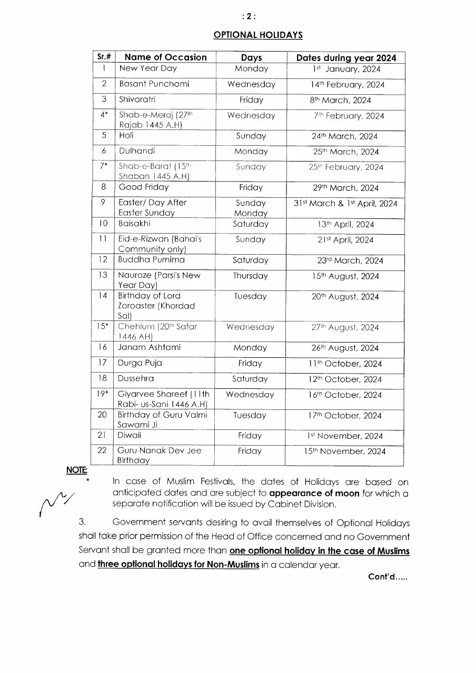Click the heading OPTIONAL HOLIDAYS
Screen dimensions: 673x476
click(x=257, y=35)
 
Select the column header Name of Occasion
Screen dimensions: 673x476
click(x=166, y=57)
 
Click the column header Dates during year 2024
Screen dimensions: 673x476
click(x=346, y=58)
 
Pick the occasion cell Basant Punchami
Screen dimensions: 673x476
click(x=154, y=84)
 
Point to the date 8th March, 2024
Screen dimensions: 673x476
click(x=340, y=100)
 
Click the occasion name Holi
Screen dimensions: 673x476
click(x=126, y=136)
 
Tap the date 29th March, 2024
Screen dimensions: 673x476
click(x=345, y=188)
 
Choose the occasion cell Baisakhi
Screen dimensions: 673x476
click(x=134, y=224)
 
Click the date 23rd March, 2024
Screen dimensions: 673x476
click(x=346, y=260)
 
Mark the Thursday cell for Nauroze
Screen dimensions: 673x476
click(x=250, y=276)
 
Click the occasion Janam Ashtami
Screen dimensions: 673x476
click(x=150, y=348)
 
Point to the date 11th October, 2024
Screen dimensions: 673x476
click(x=345, y=364)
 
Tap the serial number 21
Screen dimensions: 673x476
click(x=102, y=435)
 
